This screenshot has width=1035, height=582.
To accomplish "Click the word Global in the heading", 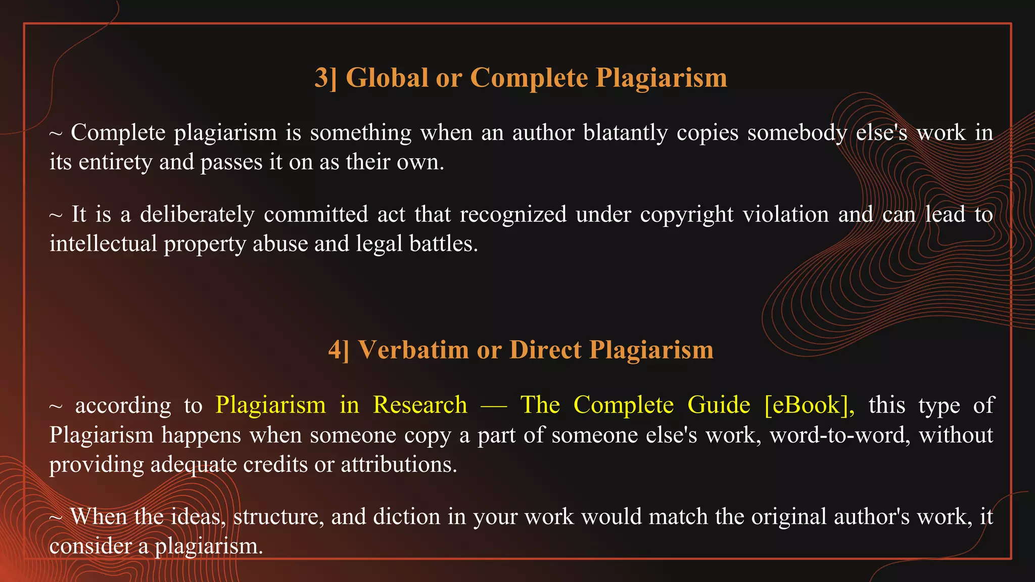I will pyautogui.click(x=387, y=78).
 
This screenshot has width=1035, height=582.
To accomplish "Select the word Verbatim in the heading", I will pyautogui.click(x=413, y=350).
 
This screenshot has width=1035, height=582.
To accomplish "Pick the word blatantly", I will pyautogui.click(x=625, y=133).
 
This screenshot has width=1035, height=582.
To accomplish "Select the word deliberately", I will pyautogui.click(x=197, y=214).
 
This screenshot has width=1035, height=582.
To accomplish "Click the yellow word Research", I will pyautogui.click(x=420, y=405).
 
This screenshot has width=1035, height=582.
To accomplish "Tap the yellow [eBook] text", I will pyautogui.click(x=809, y=405).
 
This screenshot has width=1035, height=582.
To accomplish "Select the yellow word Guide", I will pyautogui.click(x=719, y=405).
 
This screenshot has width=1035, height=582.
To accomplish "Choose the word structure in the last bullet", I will pyautogui.click(x=278, y=517).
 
